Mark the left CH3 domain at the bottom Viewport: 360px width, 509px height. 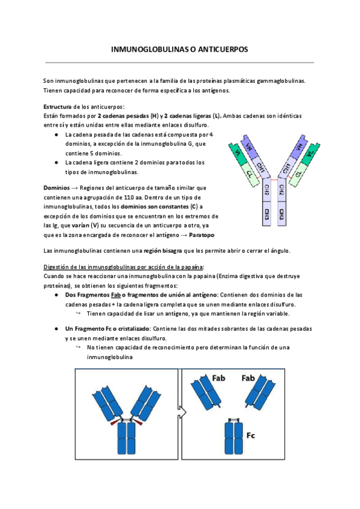point(266,214)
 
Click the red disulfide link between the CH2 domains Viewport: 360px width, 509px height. point(274,179)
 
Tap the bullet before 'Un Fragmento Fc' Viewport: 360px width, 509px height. point(56,329)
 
